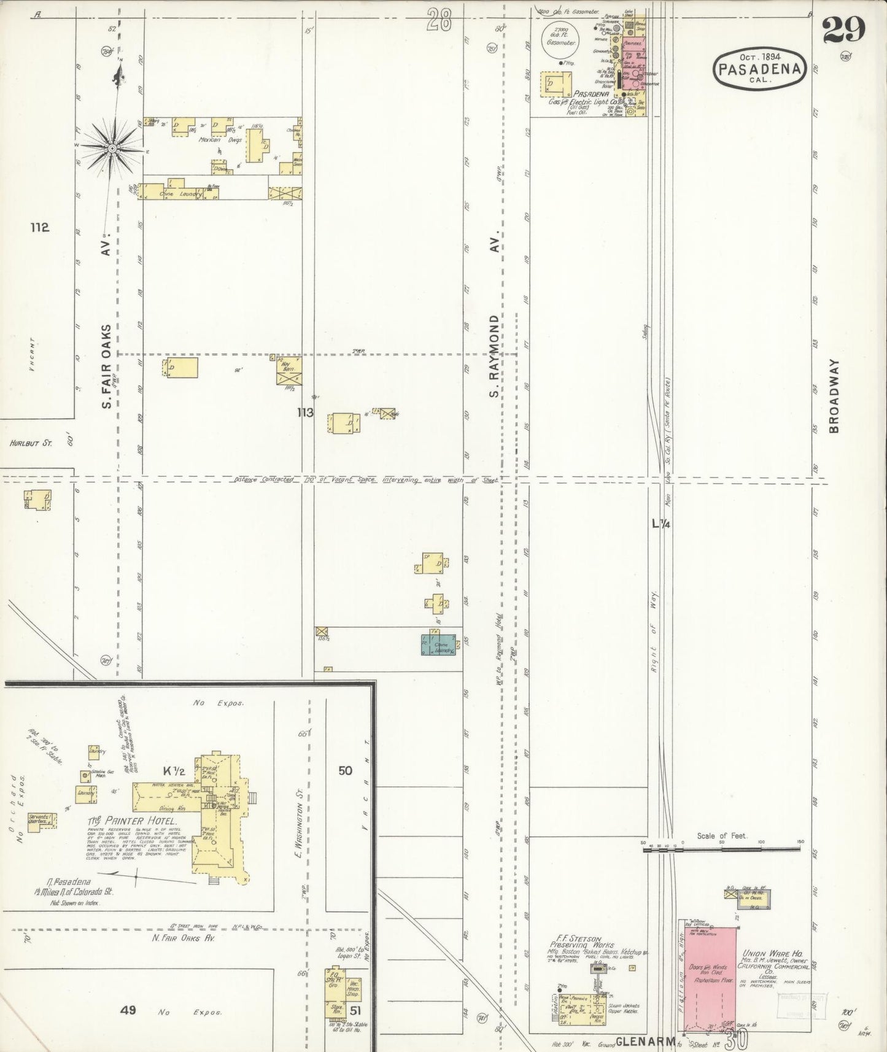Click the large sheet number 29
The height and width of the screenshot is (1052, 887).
tap(844, 29)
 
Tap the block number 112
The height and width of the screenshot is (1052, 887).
tap(39, 228)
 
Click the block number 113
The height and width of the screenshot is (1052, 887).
tap(305, 412)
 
